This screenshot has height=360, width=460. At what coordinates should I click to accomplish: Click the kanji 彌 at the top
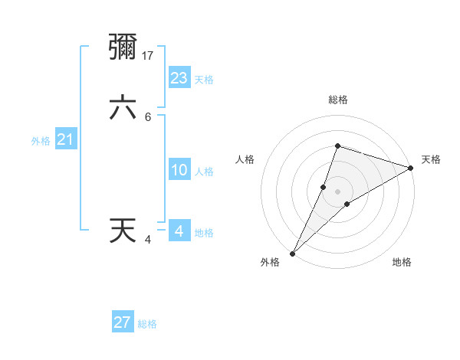(123, 47)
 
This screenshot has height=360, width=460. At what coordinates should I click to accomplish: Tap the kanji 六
(123, 108)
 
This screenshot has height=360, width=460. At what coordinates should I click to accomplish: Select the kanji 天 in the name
(123, 231)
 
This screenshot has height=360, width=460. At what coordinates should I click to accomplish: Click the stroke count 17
(149, 55)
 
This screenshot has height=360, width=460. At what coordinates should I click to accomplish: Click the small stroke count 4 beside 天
(148, 240)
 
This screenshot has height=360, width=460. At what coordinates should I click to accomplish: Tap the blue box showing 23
(179, 78)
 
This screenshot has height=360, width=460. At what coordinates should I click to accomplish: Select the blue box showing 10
(179, 170)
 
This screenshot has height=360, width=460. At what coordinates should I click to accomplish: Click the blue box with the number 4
(179, 231)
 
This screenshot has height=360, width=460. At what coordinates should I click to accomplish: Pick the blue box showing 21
(66, 139)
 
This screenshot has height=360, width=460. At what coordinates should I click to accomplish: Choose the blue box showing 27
(123, 322)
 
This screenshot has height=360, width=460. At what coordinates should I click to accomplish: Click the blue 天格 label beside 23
(204, 80)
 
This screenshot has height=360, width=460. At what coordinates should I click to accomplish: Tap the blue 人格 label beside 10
(204, 172)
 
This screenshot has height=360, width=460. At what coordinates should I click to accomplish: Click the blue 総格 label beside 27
(148, 324)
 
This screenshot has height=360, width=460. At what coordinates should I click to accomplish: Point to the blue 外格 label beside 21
(41, 141)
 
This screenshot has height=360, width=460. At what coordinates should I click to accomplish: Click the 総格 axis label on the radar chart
(337, 100)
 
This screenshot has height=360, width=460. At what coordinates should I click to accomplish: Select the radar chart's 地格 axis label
(402, 262)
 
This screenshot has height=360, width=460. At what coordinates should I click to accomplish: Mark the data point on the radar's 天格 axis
(410, 168)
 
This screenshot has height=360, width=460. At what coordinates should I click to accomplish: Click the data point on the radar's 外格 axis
(292, 253)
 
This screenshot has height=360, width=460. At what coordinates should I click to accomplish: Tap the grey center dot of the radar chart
(337, 191)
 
